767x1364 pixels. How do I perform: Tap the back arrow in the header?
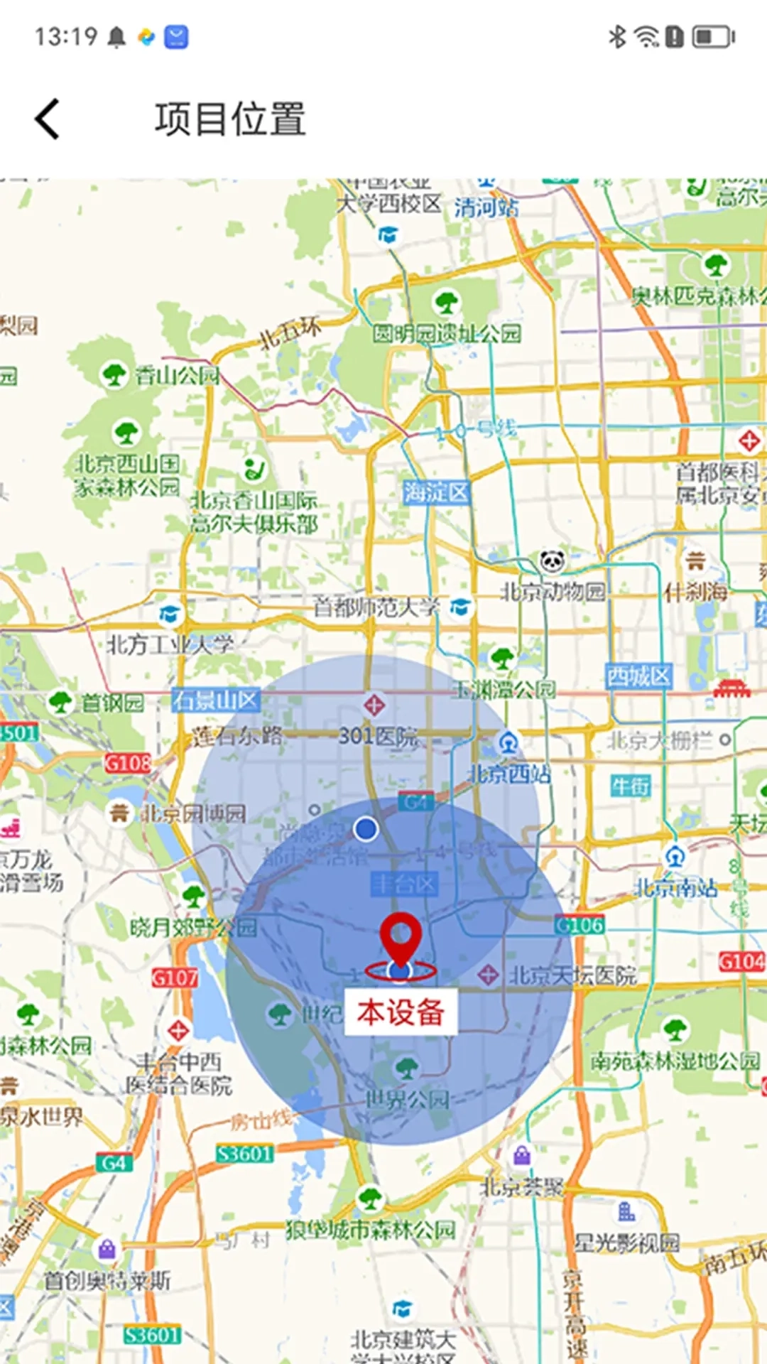point(48,119)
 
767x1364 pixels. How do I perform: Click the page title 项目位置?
point(230,119)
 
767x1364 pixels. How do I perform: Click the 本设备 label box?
point(401,1012)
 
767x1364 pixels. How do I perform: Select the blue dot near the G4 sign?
point(366,828)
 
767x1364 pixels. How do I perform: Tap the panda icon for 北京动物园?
point(553,562)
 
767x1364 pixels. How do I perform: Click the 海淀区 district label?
point(436,492)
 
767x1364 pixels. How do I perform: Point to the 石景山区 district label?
point(216,700)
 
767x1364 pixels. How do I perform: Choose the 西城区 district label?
point(638,676)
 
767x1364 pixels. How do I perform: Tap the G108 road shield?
point(128,763)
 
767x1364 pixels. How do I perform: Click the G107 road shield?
point(174,978)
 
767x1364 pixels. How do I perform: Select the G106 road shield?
point(580,925)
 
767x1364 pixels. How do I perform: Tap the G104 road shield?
point(741,962)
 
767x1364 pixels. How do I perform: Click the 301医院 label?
point(378,736)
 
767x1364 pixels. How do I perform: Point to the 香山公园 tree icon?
point(114,374)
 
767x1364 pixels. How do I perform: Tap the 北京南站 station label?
point(675,888)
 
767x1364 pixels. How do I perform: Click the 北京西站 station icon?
point(507,743)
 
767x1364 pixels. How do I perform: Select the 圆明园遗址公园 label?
point(447,333)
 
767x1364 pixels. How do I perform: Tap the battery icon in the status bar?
point(713,36)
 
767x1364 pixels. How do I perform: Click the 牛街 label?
point(630,786)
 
